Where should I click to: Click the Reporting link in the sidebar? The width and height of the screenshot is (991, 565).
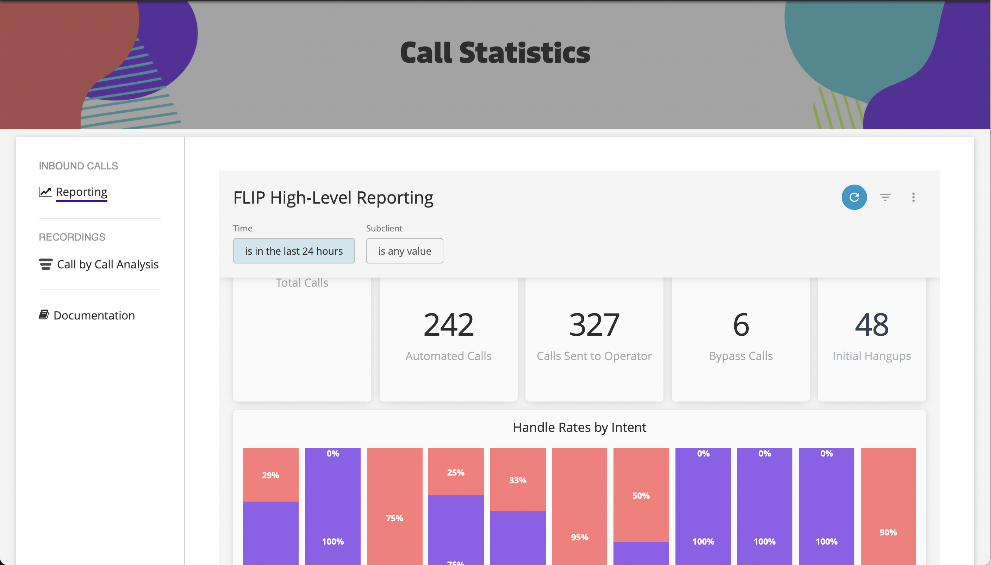click(x=81, y=192)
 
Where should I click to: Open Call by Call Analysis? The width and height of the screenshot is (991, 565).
click(x=107, y=264)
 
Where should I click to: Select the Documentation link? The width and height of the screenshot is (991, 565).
click(x=94, y=315)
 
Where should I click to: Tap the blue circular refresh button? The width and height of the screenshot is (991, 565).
click(x=854, y=197)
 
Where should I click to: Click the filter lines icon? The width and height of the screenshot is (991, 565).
click(x=885, y=197)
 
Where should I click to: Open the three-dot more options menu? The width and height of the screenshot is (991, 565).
click(x=914, y=197)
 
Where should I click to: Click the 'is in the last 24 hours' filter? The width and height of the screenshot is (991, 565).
click(x=294, y=251)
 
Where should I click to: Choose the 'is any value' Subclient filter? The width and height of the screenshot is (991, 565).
click(x=405, y=251)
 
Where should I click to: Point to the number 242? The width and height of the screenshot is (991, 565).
click(x=448, y=324)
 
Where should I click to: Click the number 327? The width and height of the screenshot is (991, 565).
click(x=594, y=324)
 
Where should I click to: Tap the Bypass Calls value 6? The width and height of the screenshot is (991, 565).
click(x=741, y=324)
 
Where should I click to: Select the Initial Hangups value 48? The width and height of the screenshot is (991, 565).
click(x=872, y=324)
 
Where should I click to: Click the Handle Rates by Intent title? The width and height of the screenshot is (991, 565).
click(x=579, y=427)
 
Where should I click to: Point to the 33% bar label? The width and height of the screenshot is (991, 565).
click(x=518, y=480)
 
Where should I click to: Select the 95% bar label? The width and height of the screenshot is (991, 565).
click(x=579, y=538)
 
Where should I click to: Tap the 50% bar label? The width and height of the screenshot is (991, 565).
click(x=641, y=496)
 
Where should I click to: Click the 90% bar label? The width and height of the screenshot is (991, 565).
click(x=888, y=532)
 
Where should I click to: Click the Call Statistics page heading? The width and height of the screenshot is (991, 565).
click(x=495, y=53)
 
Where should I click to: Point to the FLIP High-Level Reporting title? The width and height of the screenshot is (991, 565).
click(x=333, y=198)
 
